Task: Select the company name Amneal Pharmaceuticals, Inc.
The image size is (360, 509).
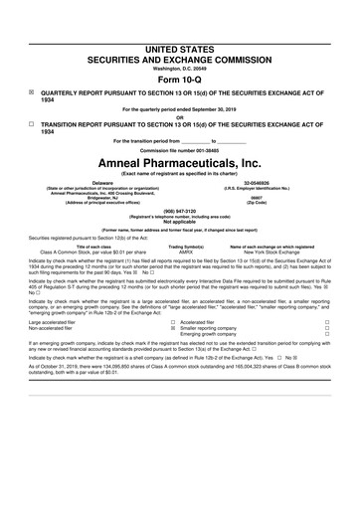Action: tap(180, 161)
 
